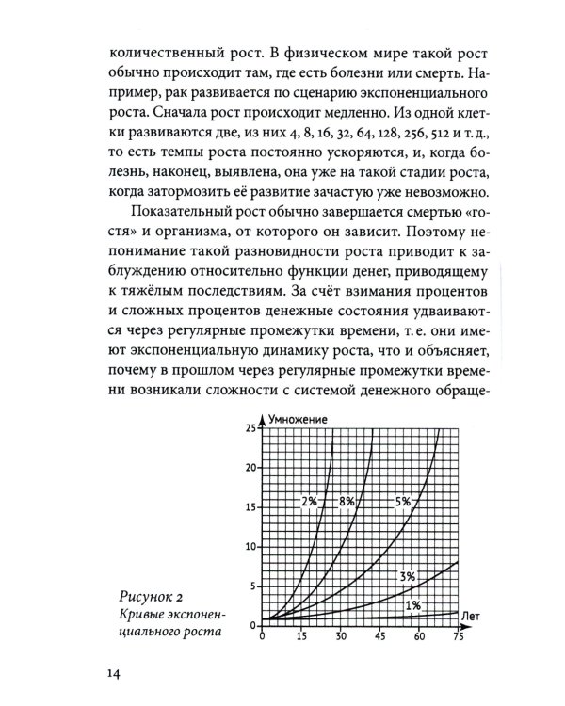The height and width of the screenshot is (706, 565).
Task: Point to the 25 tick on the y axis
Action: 250,428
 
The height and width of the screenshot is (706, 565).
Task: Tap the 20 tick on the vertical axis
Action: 250,468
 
